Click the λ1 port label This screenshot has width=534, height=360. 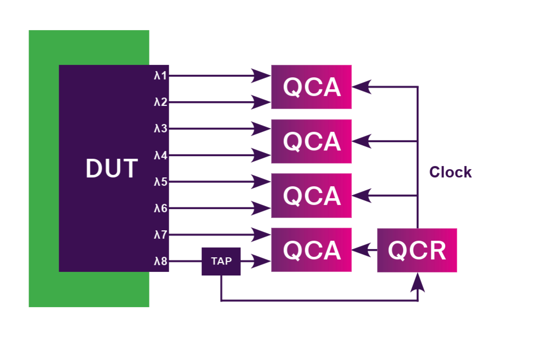coord(160,76)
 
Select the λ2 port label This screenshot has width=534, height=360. coord(160,102)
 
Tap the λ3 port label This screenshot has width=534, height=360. coord(160,129)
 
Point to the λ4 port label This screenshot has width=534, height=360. coord(160,155)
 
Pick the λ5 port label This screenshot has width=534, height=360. coord(160,182)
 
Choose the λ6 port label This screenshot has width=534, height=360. coord(160,209)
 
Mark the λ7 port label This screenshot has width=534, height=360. coord(160,235)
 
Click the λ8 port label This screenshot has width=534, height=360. coord(160,261)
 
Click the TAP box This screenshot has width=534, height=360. coord(221,261)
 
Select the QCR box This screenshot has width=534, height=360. coord(417,250)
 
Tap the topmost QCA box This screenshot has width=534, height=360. coord(311,87)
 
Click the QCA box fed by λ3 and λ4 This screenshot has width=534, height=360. coord(311,141)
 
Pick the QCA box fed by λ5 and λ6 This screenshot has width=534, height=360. coord(311,196)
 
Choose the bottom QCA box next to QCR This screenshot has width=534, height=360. coord(311,250)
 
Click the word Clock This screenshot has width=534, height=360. coord(450,172)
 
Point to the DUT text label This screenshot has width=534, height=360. coord(112,169)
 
